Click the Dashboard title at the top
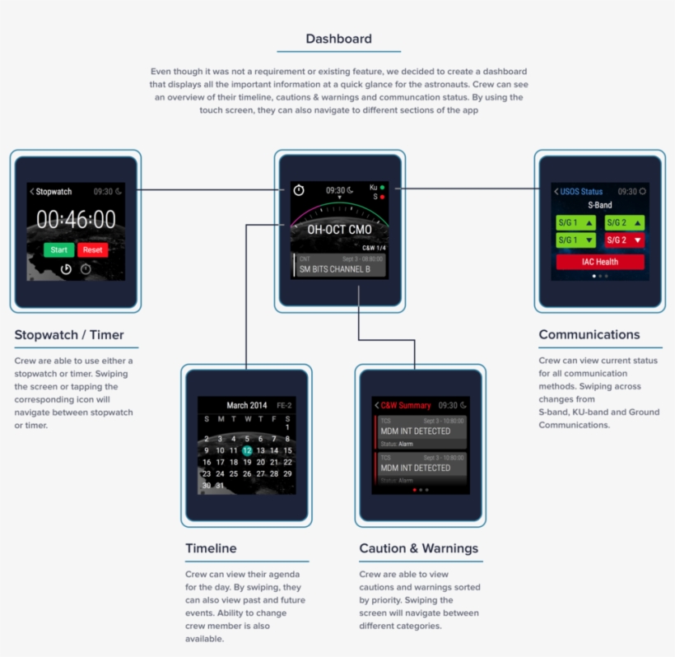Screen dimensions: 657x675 pos(338,39)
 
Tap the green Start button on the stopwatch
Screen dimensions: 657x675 pos(59,249)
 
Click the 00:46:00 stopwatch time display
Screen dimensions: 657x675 pos(76,219)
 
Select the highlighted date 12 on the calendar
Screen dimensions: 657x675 pos(246,450)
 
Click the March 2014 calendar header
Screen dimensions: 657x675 pos(247,405)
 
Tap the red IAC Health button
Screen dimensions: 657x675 pos(600,262)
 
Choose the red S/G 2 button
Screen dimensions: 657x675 pos(625,240)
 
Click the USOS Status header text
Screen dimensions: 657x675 pos(581,191)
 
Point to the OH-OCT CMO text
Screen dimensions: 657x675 pos(338,230)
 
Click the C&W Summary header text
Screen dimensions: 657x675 pos(405,405)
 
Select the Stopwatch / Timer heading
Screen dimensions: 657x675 pos(69,334)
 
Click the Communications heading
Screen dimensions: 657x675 pos(589,334)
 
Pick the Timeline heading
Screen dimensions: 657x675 pos(211,548)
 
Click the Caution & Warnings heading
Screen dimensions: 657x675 pos(418,548)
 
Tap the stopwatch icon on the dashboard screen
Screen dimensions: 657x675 pos(299,190)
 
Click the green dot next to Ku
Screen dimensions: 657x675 pos(383,188)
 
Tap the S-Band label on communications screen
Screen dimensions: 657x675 pos(599,205)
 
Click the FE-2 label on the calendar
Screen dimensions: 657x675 pos(283,405)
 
